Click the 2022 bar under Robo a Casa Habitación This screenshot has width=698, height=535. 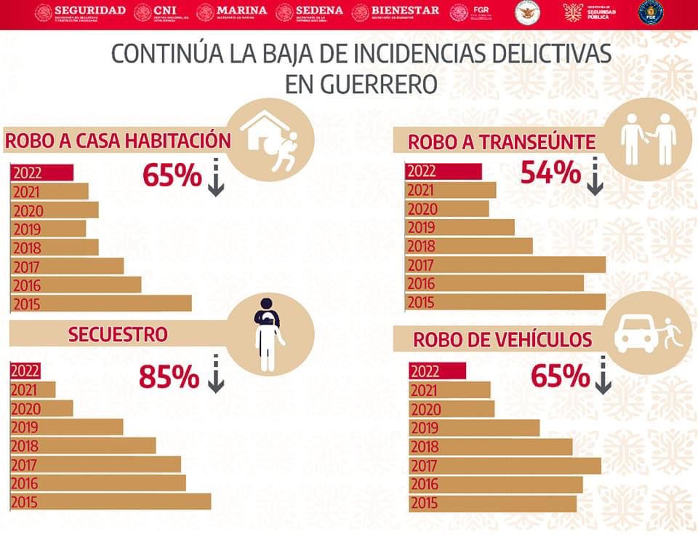(x=42, y=173)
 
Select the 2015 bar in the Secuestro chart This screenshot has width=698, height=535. (x=110, y=502)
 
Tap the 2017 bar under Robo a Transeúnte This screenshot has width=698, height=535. (x=506, y=265)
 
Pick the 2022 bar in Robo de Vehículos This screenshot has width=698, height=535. (x=437, y=371)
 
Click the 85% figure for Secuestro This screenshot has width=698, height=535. (x=169, y=377)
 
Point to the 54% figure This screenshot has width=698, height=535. (x=550, y=173)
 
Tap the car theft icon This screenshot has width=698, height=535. (x=649, y=333)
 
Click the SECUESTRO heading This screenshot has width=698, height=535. (x=118, y=334)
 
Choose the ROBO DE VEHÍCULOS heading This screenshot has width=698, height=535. (x=502, y=340)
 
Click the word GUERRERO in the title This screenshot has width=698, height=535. (x=361, y=84)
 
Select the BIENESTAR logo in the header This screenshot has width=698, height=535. (x=396, y=12)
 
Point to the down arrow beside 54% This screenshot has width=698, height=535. (x=595, y=177)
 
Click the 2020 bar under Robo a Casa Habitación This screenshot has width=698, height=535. (x=55, y=210)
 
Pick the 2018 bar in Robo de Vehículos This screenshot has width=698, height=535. (x=491, y=447)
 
